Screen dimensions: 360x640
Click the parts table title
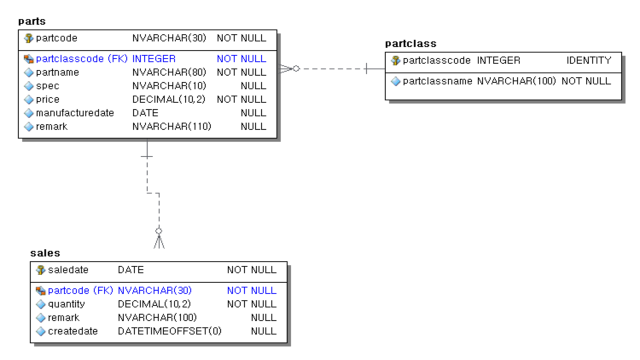(x=32, y=21)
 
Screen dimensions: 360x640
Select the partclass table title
(x=410, y=43)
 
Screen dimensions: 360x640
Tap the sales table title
(x=45, y=253)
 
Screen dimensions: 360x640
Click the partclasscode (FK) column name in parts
(x=81, y=59)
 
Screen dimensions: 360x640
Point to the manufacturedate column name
(x=75, y=113)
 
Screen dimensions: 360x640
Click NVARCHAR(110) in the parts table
(x=171, y=126)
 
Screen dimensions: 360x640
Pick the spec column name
(x=47, y=86)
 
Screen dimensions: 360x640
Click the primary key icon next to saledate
(x=41, y=270)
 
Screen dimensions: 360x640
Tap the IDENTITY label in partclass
(x=588, y=60)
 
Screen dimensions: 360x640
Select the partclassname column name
(x=437, y=81)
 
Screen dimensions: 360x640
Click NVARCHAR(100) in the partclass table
(x=516, y=81)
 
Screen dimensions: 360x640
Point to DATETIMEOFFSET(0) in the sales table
(x=169, y=331)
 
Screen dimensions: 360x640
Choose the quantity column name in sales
(x=66, y=304)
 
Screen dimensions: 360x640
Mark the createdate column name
(x=73, y=331)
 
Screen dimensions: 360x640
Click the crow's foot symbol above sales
(x=159, y=241)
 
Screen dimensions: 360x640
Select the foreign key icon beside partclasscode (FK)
(x=29, y=59)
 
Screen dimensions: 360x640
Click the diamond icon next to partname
(x=29, y=72)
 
